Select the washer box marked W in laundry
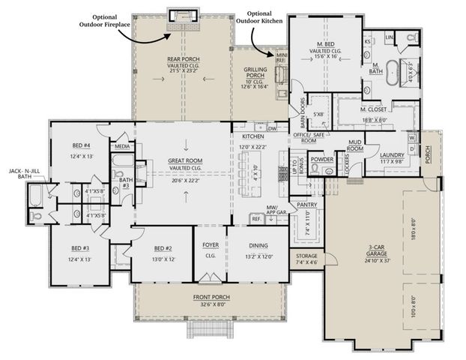[x=412, y=138]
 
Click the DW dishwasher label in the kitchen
[x=272, y=128]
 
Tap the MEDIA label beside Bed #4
[x=121, y=146]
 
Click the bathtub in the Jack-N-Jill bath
[x=34, y=198]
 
